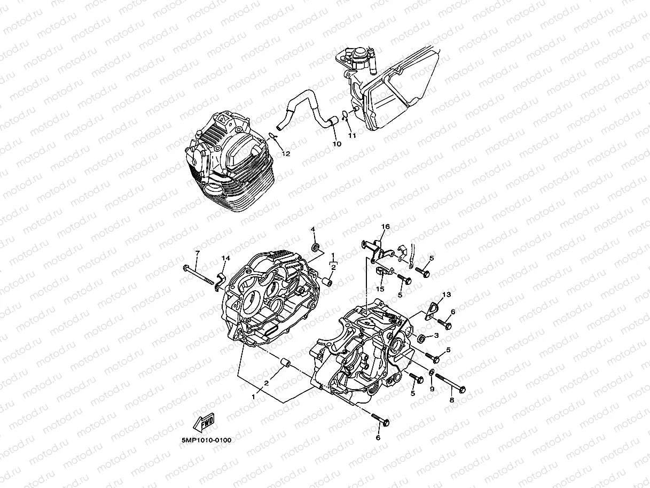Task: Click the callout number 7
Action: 197,253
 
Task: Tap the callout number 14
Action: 225,259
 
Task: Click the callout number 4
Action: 314,230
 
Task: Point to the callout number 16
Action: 385,227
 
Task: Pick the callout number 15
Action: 380,289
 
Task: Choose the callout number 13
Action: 447,295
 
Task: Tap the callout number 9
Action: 432,389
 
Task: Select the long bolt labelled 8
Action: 450,382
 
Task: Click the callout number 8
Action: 452,399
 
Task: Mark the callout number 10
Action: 336,144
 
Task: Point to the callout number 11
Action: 352,136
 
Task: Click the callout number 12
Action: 286,154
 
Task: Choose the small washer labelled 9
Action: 432,371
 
